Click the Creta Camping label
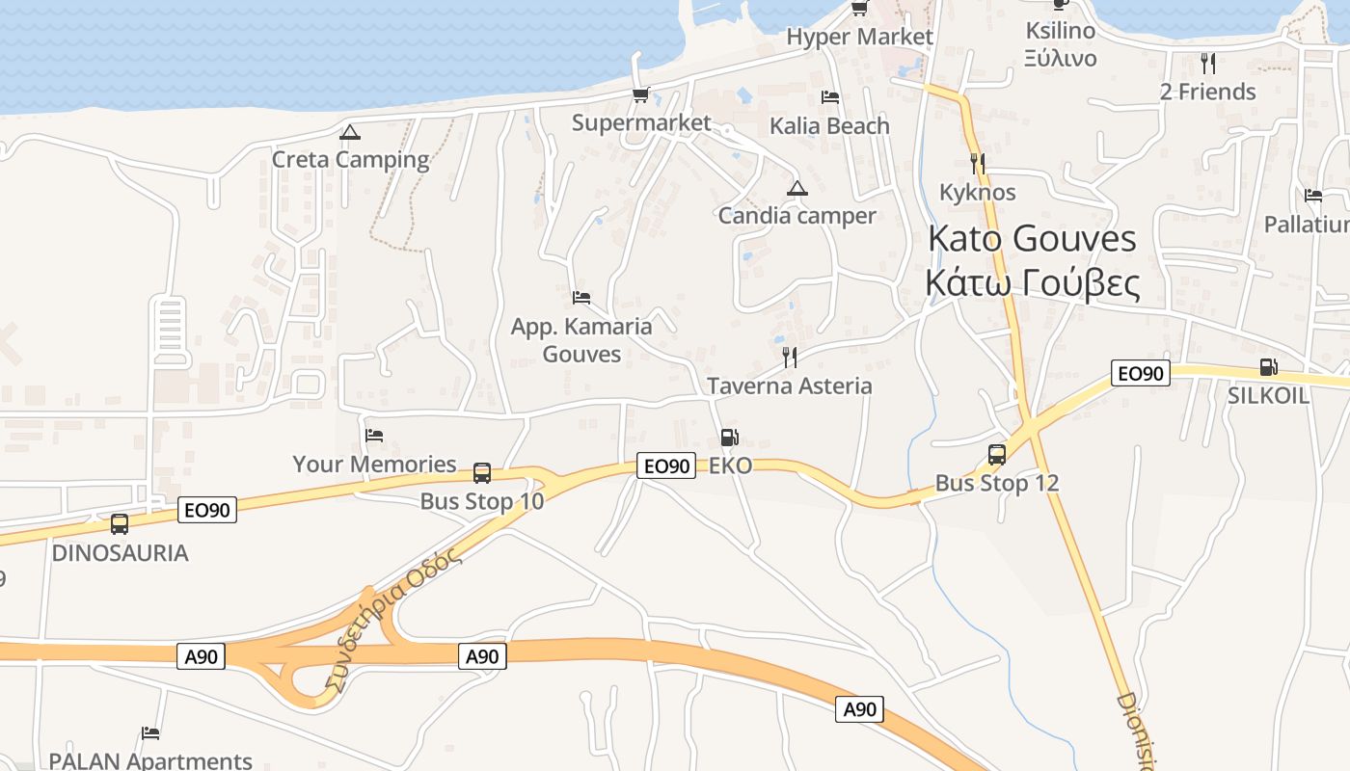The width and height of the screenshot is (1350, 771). (x=350, y=159)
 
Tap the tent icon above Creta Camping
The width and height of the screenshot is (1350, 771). (x=350, y=132)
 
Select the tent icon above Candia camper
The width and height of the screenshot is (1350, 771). (x=796, y=188)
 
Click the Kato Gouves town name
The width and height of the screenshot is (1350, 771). (x=1032, y=238)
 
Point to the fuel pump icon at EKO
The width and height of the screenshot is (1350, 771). (x=730, y=438)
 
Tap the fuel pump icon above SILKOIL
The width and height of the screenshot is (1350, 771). (x=1268, y=367)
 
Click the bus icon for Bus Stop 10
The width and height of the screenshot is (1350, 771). (x=482, y=473)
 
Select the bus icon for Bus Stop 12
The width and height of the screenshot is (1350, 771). (x=997, y=455)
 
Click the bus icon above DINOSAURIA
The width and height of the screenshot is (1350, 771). (x=120, y=524)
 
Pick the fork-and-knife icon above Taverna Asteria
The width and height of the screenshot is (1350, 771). (x=790, y=358)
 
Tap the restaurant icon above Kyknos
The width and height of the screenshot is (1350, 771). (x=978, y=164)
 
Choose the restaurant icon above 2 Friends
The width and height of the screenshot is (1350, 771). (x=1207, y=64)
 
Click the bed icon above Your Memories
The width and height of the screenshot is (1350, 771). (x=374, y=436)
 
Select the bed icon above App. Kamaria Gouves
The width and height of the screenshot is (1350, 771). (x=580, y=298)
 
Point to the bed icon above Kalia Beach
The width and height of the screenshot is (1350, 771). (x=829, y=97)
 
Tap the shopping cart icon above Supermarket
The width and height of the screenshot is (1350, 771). (x=640, y=94)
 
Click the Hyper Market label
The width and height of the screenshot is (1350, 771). (x=859, y=37)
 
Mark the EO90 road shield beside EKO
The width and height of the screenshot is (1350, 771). (x=666, y=466)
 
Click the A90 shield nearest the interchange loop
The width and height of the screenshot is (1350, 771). (x=202, y=657)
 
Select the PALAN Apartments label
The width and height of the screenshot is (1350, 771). (x=150, y=760)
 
